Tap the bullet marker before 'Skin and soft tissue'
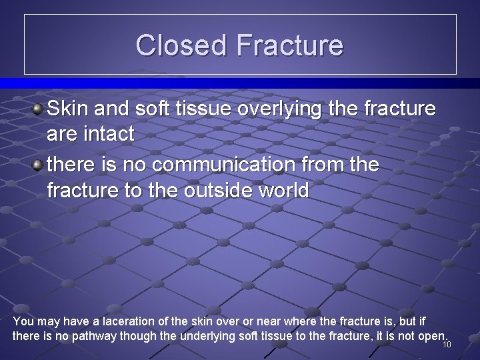[39, 108]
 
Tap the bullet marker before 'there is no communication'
[39, 164]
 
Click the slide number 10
[447, 345]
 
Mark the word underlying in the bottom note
[208, 336]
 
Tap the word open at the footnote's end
[431, 336]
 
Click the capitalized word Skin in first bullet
[67, 108]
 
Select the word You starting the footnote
[22, 321]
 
